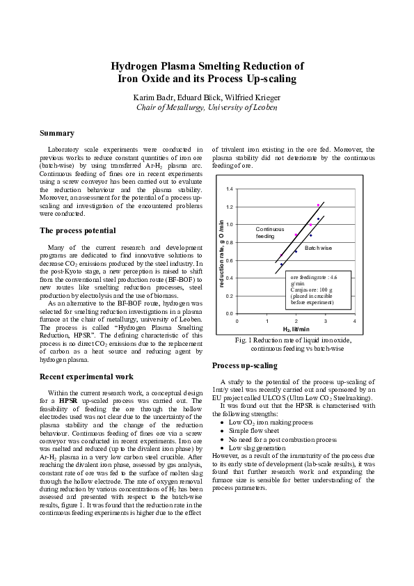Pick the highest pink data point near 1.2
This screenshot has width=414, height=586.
318,205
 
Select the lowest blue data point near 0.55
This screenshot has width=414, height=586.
281,264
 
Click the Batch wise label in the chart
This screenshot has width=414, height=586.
318,248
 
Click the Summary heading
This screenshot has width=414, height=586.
57,133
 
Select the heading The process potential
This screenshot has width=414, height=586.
78,230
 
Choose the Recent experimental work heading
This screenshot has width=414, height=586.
86,377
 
